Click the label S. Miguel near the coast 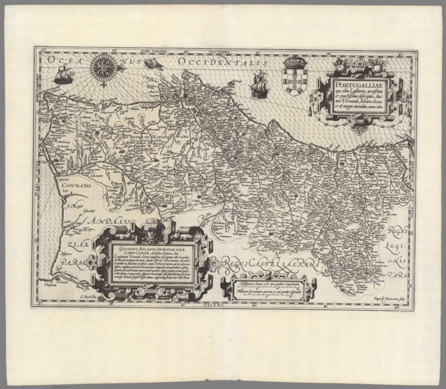(x=75, y=204)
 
